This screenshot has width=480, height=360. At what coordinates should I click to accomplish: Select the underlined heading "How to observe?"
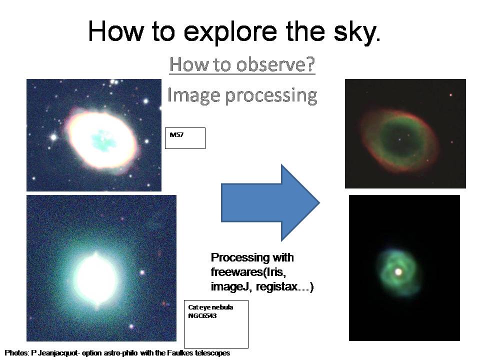(x=242, y=64)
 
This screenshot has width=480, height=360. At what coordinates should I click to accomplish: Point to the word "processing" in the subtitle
(x=271, y=96)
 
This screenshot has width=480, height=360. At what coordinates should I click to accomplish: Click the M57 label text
(x=176, y=134)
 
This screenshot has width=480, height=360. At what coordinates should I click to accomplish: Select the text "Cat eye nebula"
(x=210, y=307)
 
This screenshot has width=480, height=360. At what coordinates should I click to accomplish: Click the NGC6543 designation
(x=202, y=315)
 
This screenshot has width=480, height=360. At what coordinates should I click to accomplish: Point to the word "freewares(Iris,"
(x=248, y=272)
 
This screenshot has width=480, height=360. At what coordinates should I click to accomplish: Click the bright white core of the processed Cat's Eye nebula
(x=398, y=271)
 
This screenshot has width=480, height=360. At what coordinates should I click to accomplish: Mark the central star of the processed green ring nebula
(x=399, y=139)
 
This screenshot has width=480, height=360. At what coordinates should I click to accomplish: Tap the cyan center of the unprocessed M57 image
(x=103, y=140)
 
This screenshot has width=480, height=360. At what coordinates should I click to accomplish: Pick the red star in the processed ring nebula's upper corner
(x=450, y=95)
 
